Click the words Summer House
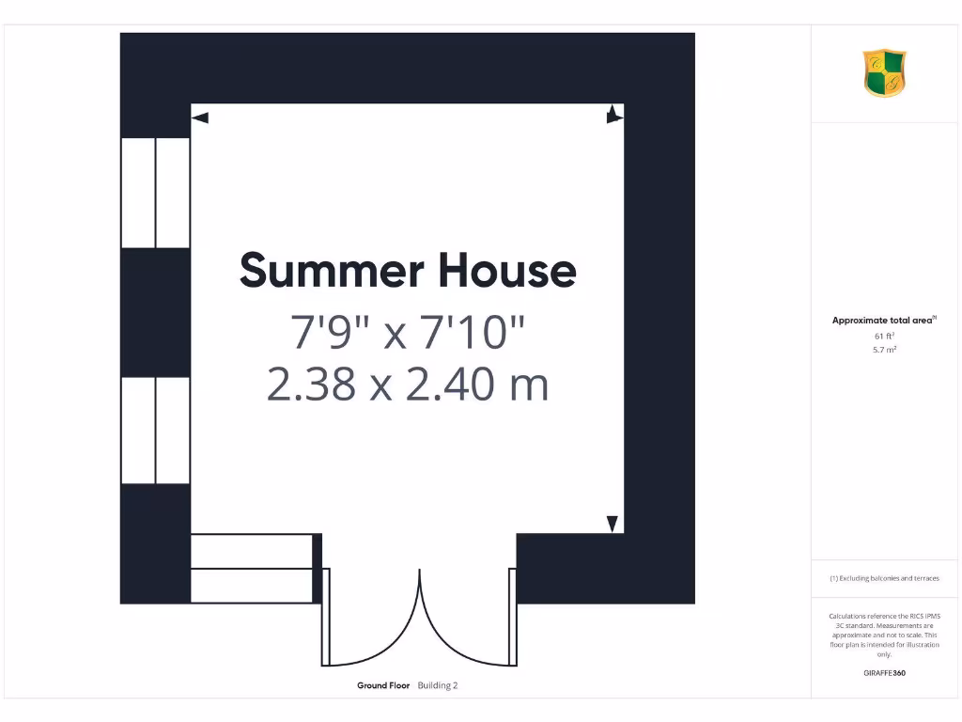[408, 271]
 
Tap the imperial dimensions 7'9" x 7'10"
[408, 332]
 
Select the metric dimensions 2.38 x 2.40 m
[408, 385]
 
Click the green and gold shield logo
[884, 72]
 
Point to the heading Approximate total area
[883, 321]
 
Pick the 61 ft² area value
[884, 336]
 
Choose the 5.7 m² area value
[884, 350]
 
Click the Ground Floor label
[383, 685]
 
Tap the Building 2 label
[438, 685]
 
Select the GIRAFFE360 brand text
[884, 673]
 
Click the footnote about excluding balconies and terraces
[884, 578]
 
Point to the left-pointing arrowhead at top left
[199, 118]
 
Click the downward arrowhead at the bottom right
[613, 525]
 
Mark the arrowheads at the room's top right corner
[613, 114]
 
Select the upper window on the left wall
[156, 193]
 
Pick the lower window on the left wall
[156, 431]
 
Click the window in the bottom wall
[252, 568]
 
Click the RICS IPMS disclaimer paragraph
[884, 635]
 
